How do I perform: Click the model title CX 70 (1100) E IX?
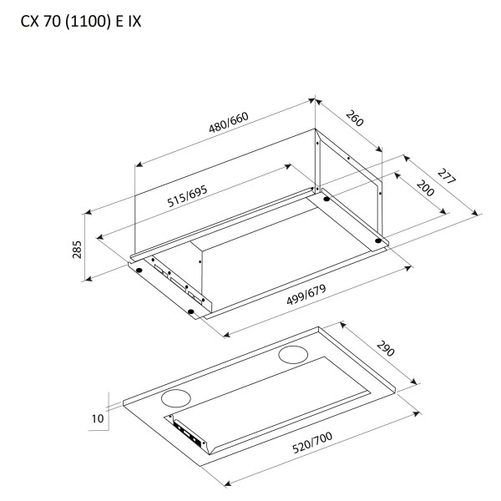[x=81, y=22]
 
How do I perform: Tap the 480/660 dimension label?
[x=229, y=123]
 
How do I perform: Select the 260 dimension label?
[x=355, y=119]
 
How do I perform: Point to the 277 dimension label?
[x=447, y=176]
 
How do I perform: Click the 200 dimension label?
[x=425, y=188]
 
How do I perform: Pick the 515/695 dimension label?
[x=188, y=196]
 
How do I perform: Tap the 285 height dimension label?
[x=77, y=250]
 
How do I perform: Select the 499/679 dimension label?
[x=306, y=295]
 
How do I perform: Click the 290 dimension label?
[x=386, y=348]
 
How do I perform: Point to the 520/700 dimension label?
[x=312, y=443]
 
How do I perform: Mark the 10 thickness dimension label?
[x=98, y=418]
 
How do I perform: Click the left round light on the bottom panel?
[x=176, y=398]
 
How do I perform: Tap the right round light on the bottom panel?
[x=293, y=355]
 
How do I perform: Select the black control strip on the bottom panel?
[x=190, y=434]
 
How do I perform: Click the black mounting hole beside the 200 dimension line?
[x=326, y=199]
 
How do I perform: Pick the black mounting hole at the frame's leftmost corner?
[x=139, y=271]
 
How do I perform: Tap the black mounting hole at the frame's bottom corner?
[x=191, y=311]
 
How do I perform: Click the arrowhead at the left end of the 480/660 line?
[x=139, y=164]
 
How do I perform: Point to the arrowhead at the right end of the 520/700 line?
[x=417, y=414]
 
